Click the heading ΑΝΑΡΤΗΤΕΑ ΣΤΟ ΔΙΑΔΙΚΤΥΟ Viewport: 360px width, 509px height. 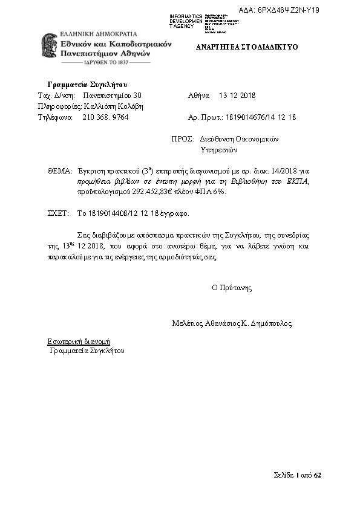(246, 47)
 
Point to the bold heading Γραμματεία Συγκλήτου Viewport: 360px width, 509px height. (87, 84)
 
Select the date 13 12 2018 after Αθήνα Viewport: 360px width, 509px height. (237, 96)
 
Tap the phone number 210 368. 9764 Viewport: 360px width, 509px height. (105, 117)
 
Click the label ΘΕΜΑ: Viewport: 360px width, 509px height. (59, 171)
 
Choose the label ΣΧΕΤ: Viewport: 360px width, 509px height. (58, 213)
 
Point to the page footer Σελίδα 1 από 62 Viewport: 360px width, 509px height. (297, 475)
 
